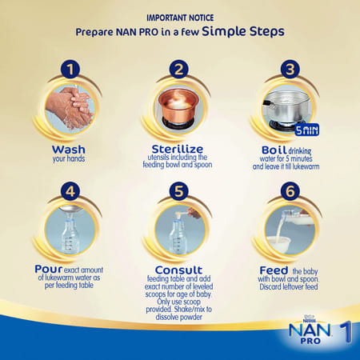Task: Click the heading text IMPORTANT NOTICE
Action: (x=179, y=16)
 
